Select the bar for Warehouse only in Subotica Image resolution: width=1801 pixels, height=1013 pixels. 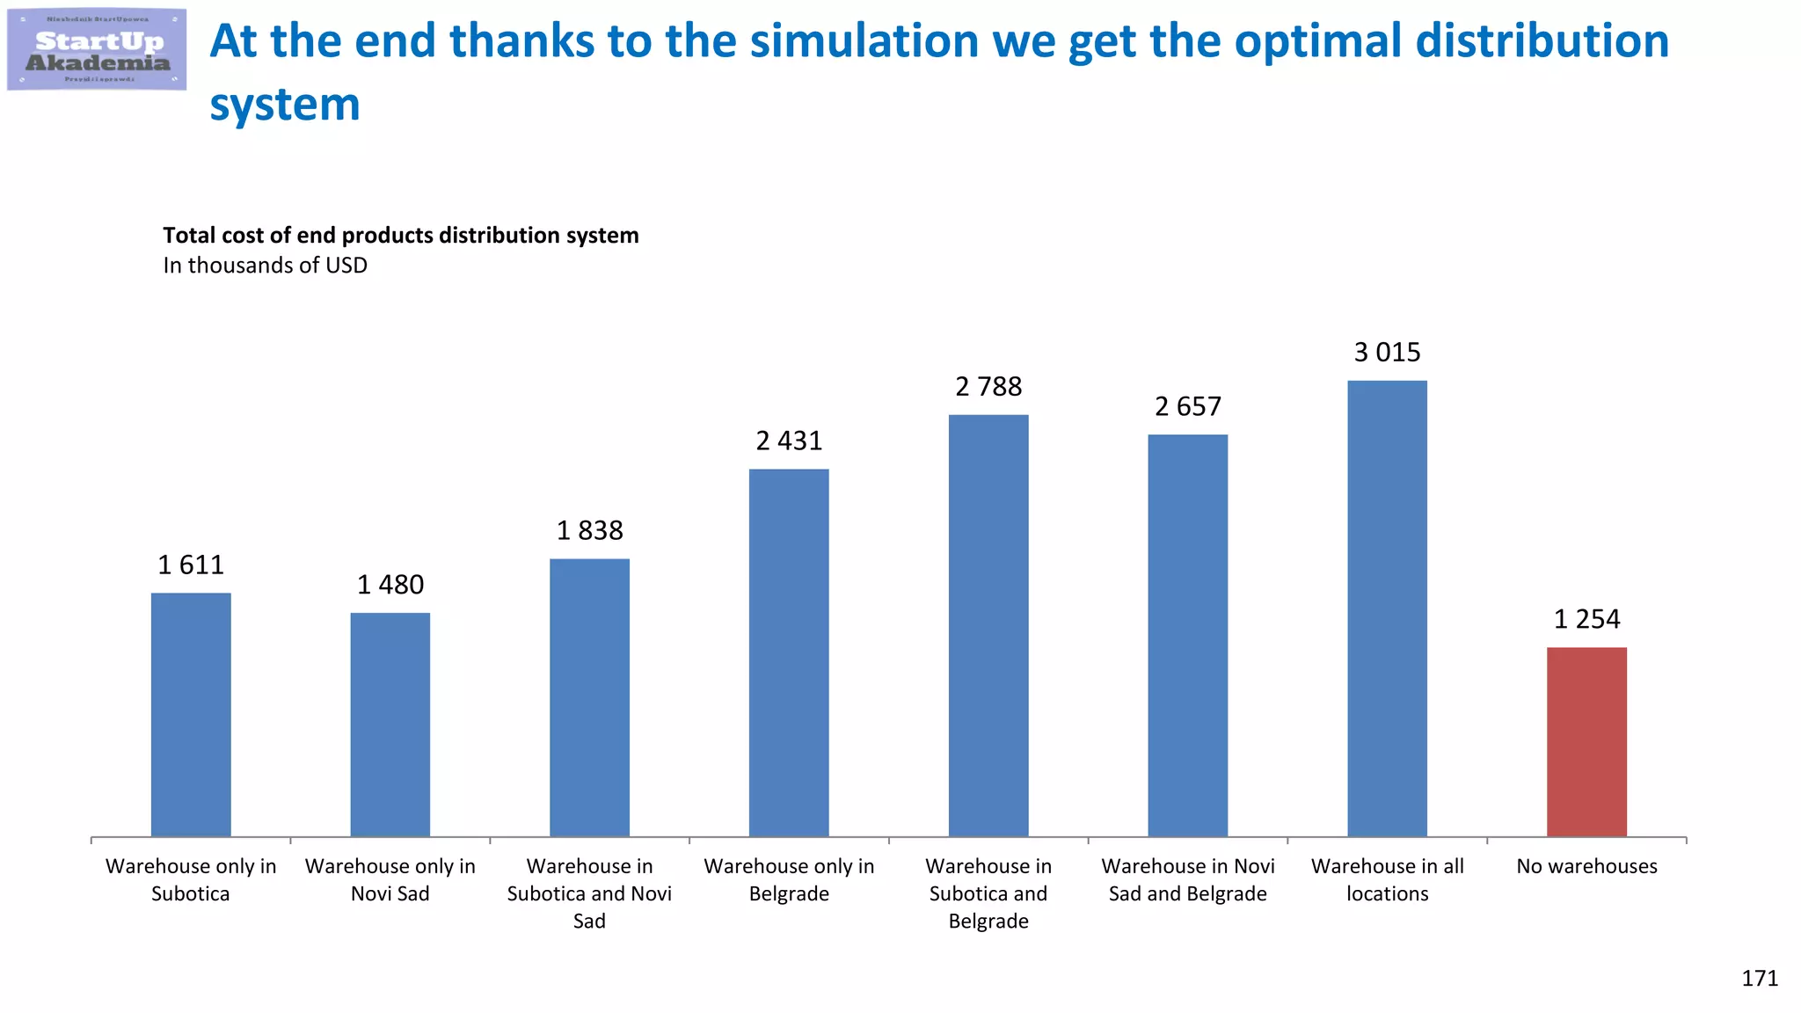pos(191,714)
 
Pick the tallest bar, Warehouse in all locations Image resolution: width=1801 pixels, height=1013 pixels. pos(1387,608)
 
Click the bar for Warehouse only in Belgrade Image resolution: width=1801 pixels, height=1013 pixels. pos(789,652)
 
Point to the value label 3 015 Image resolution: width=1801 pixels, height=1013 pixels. pos(1387,353)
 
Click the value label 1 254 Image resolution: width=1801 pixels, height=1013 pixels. pos(1586,619)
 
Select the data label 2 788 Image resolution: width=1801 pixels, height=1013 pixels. pos(988,387)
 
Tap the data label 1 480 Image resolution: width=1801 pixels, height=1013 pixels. pos(390,585)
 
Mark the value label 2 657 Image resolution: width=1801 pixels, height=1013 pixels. pos(1188,407)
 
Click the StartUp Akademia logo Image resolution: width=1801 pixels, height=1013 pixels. pos(97,50)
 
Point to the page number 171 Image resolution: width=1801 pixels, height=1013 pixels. pos(1760,979)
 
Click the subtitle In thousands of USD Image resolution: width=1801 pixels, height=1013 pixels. pos(265,266)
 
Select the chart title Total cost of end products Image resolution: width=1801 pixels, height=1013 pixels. pos(400,236)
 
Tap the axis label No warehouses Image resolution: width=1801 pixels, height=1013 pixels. pos(1586,866)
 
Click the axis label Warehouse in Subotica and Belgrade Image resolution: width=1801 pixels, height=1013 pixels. pos(988,893)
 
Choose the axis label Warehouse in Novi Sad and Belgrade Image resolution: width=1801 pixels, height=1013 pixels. pos(1188,879)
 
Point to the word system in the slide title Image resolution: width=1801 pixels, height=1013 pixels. pos(284,105)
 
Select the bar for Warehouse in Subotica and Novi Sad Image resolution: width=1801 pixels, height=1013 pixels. pos(589,697)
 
